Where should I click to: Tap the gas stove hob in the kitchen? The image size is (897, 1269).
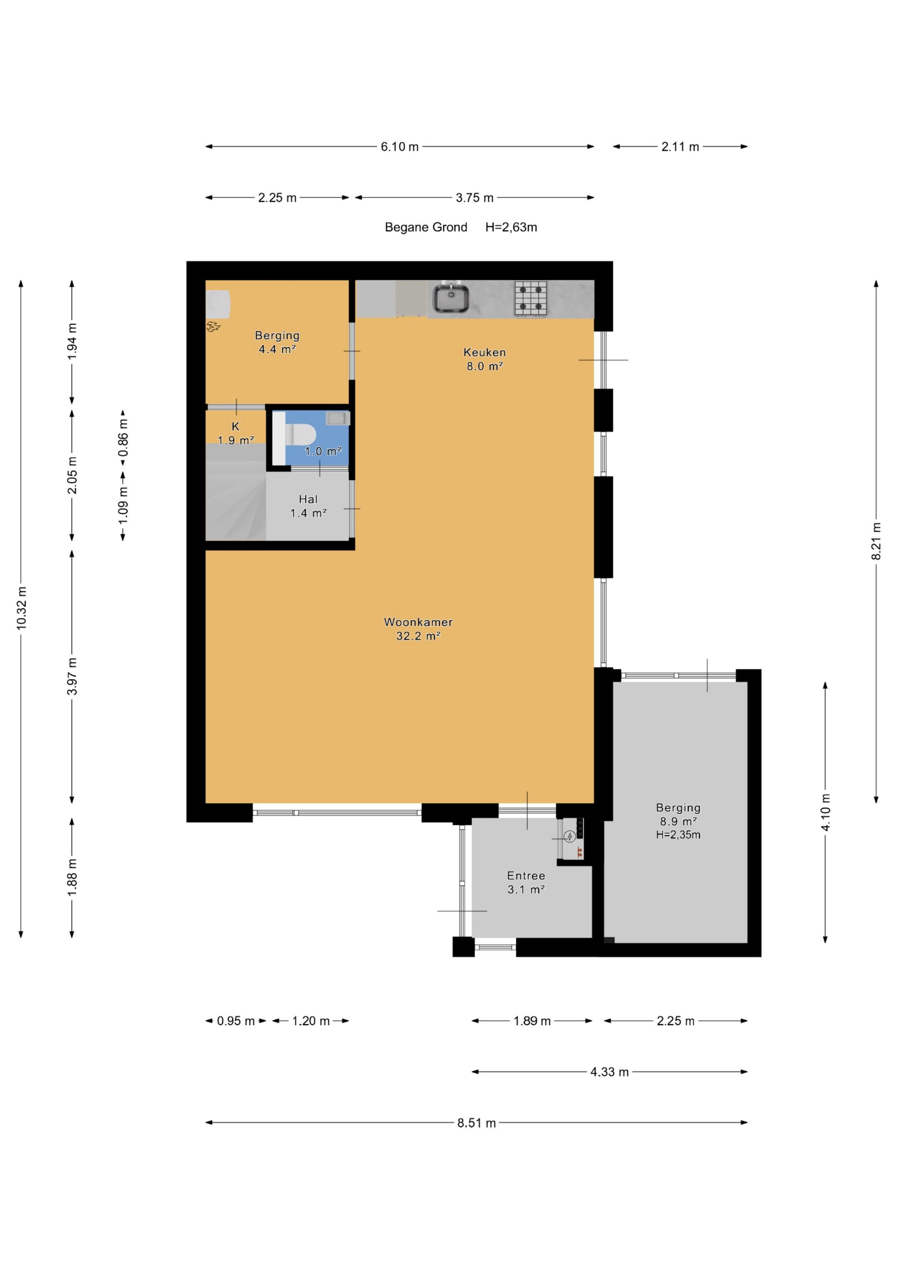click(531, 299)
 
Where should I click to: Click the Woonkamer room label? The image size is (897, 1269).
click(418, 622)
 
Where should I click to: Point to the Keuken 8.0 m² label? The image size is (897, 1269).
click(485, 359)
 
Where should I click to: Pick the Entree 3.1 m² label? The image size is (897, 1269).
click(526, 883)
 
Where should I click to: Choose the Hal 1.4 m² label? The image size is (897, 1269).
click(309, 506)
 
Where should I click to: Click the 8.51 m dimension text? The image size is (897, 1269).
click(476, 1123)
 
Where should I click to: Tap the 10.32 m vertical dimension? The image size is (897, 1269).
click(22, 608)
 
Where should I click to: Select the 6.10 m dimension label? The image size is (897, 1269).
click(399, 147)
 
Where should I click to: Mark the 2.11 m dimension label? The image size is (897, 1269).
click(680, 147)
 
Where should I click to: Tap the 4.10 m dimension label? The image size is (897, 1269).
click(825, 812)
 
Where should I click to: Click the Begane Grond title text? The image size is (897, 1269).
click(426, 227)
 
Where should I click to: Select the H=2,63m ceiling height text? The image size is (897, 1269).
click(511, 227)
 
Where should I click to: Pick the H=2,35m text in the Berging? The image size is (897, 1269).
click(678, 835)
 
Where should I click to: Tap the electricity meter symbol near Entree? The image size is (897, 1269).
click(569, 836)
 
